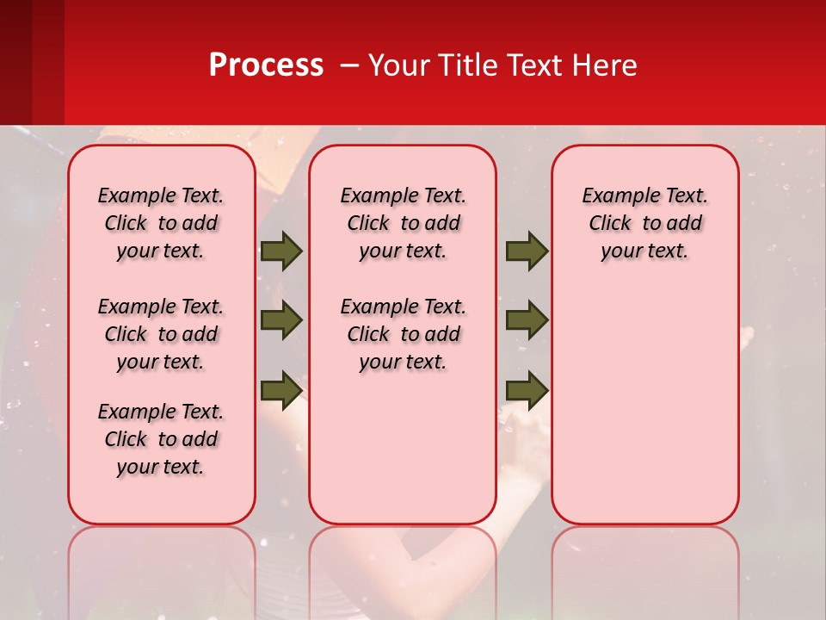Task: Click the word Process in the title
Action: click(x=266, y=65)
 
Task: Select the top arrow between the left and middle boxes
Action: click(x=281, y=251)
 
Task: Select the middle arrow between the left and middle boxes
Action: click(x=281, y=321)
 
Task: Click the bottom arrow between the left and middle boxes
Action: click(x=281, y=389)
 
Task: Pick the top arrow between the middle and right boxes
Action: click(x=527, y=251)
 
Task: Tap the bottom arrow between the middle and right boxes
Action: click(x=527, y=389)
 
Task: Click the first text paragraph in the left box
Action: click(x=161, y=224)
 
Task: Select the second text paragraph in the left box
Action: click(x=161, y=334)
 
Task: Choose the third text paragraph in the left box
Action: click(x=161, y=439)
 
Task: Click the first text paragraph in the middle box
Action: click(x=403, y=224)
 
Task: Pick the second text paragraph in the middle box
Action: click(x=403, y=334)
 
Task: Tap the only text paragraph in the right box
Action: click(x=644, y=224)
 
